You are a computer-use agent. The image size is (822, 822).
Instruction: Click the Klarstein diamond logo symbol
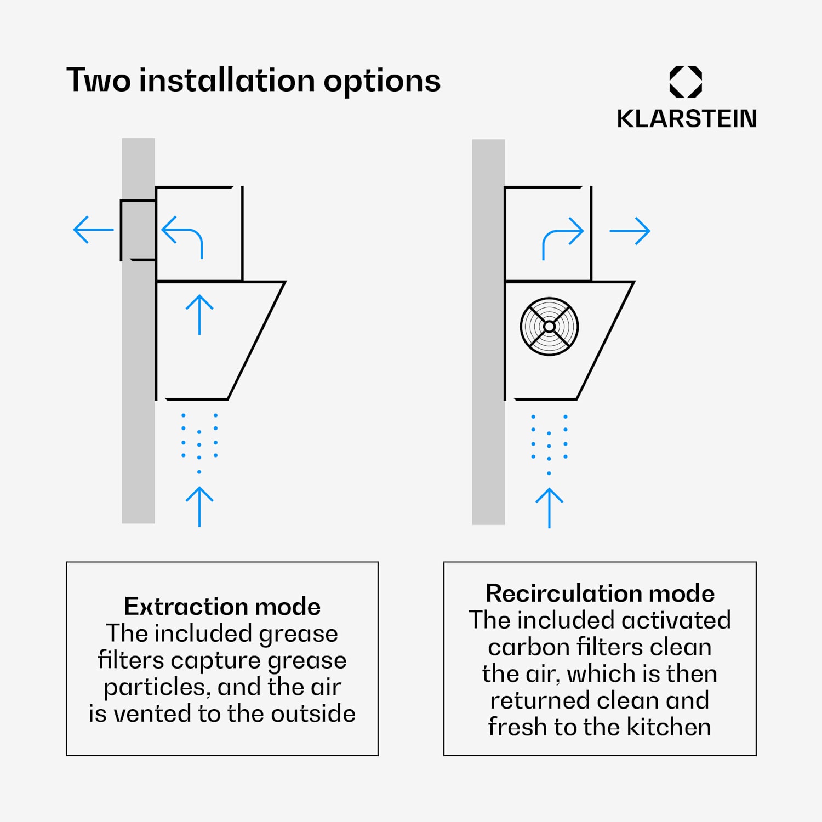click(x=686, y=82)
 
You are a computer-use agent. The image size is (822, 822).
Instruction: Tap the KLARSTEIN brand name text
click(x=687, y=118)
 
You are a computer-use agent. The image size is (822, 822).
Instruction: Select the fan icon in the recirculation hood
click(x=549, y=327)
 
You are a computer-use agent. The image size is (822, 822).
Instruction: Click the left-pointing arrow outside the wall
click(x=93, y=230)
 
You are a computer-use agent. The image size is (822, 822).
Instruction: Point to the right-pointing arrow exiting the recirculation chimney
click(x=630, y=231)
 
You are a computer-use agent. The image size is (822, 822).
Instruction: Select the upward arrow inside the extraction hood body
click(x=199, y=315)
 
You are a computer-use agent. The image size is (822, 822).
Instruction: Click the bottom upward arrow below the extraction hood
click(x=199, y=506)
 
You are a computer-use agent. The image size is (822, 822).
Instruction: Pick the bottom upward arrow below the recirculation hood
click(x=549, y=508)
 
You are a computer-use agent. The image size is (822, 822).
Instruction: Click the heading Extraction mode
click(x=222, y=606)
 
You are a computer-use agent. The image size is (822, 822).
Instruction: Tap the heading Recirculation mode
click(x=600, y=593)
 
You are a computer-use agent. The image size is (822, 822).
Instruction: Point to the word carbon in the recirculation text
click(x=529, y=647)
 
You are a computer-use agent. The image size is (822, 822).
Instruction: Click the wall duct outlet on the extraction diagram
click(x=138, y=230)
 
